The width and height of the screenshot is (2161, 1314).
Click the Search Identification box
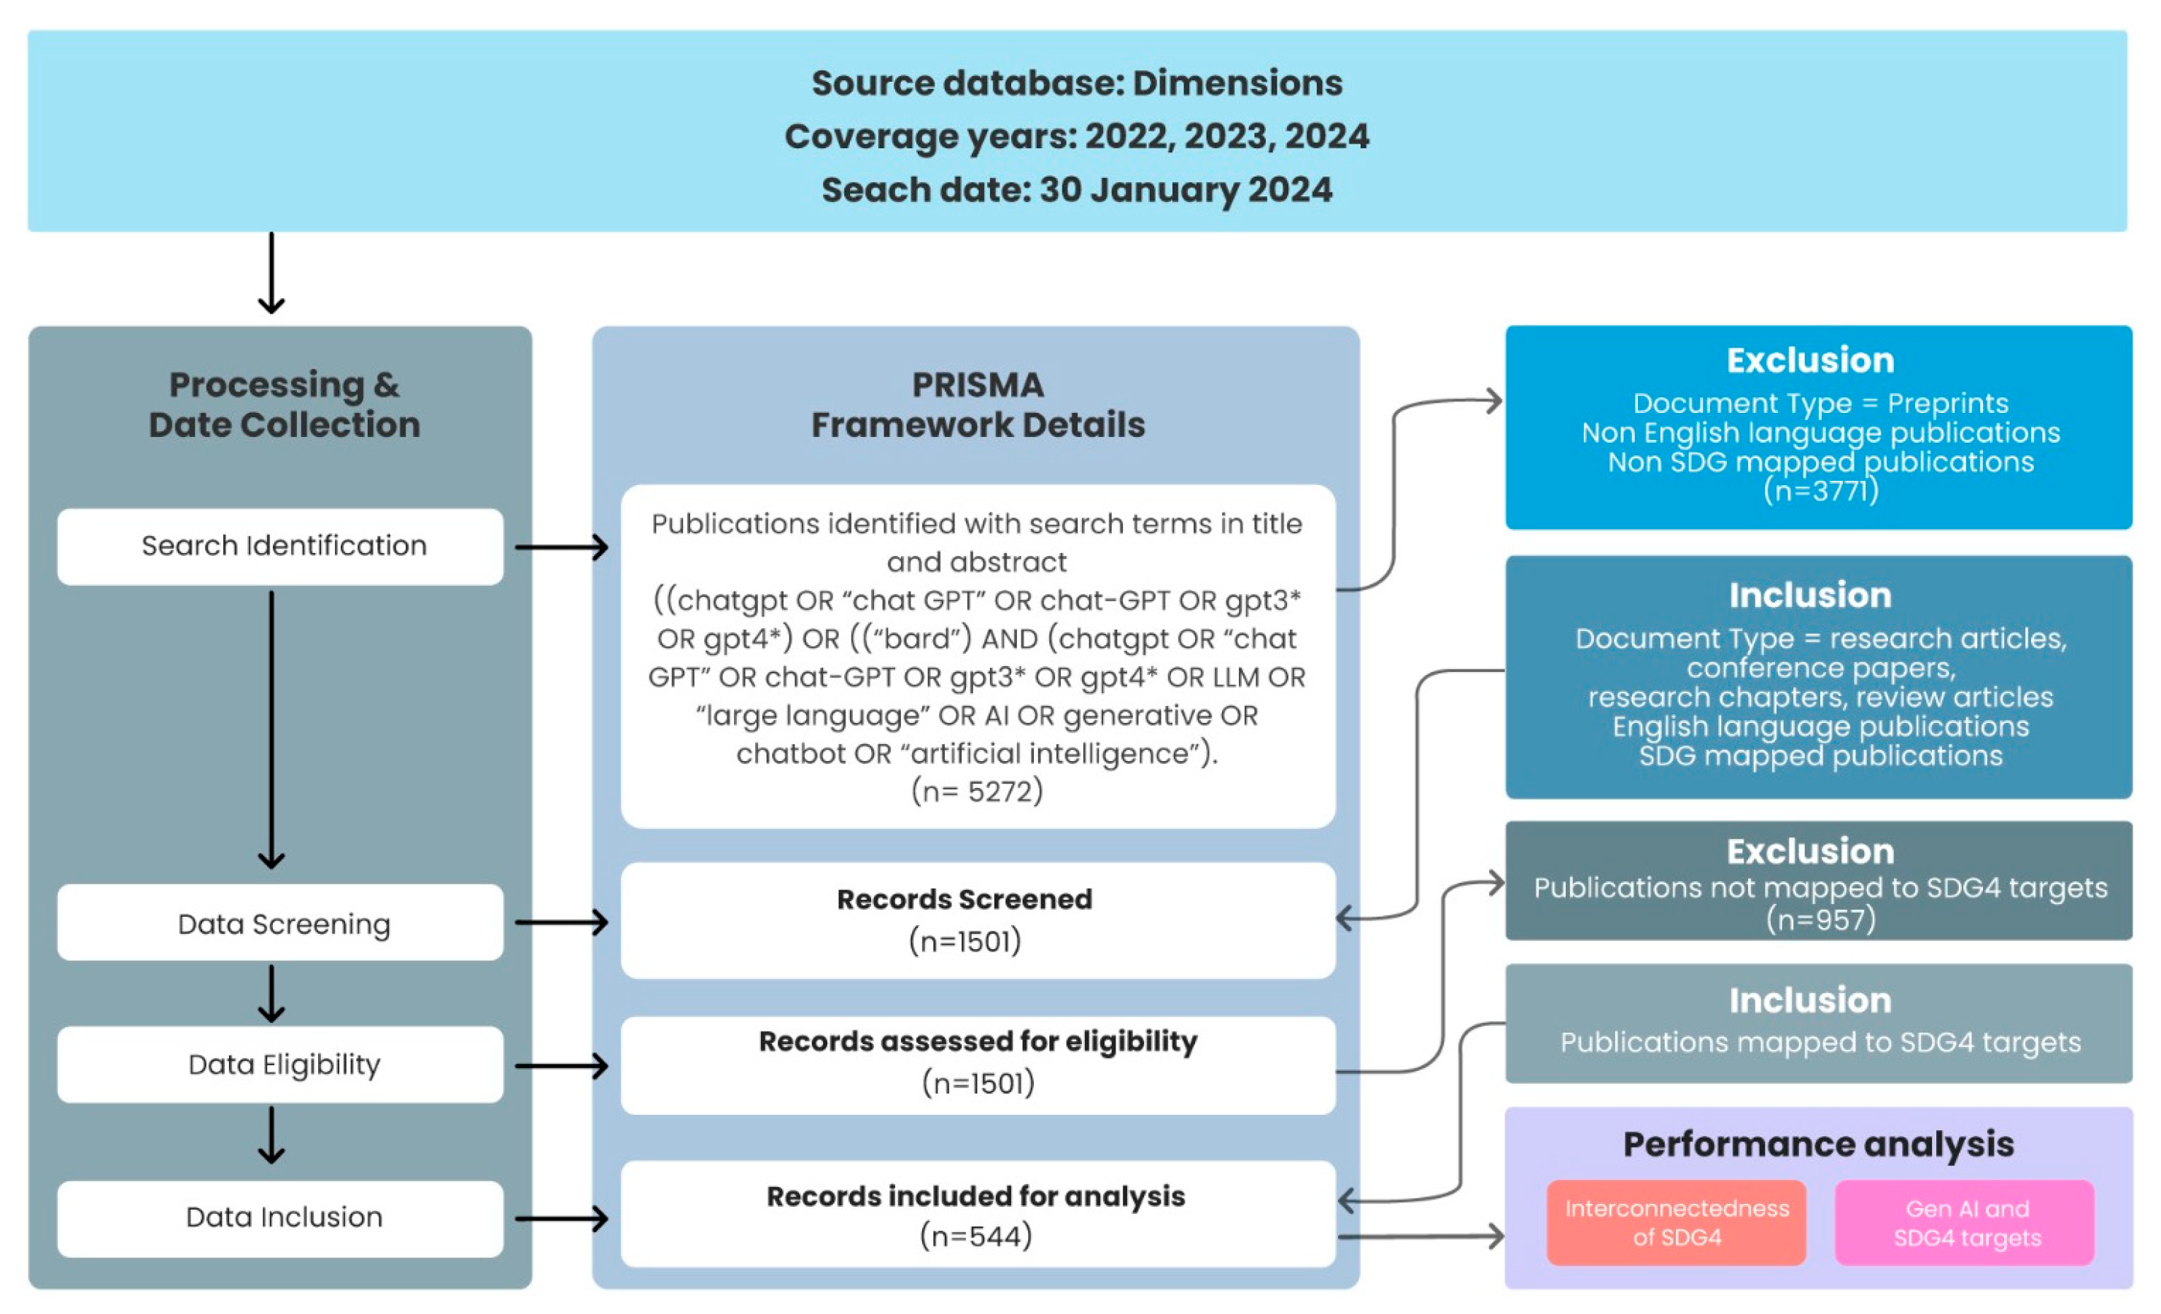[281, 546]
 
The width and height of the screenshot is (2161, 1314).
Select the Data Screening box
[281, 923]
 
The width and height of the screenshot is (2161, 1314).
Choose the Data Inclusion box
[281, 1218]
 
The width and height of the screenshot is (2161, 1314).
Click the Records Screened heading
[964, 899]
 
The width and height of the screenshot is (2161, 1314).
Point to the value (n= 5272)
[977, 791]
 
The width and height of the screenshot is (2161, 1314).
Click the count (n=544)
[975, 1236]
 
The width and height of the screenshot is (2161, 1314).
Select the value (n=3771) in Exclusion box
[1821, 490]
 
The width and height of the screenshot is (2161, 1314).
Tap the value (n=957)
[1821, 919]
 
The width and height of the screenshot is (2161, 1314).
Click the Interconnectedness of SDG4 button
[1676, 1223]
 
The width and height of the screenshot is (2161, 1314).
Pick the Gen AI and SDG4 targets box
[1965, 1223]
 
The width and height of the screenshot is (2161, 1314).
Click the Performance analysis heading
[1818, 1145]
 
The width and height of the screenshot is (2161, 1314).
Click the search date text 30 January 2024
[1185, 190]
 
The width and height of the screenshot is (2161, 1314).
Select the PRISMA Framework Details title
[977, 404]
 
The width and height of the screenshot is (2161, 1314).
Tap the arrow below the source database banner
[271, 274]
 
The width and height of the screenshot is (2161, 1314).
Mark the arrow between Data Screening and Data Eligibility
[271, 994]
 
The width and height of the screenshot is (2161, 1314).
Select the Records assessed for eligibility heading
[977, 1041]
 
